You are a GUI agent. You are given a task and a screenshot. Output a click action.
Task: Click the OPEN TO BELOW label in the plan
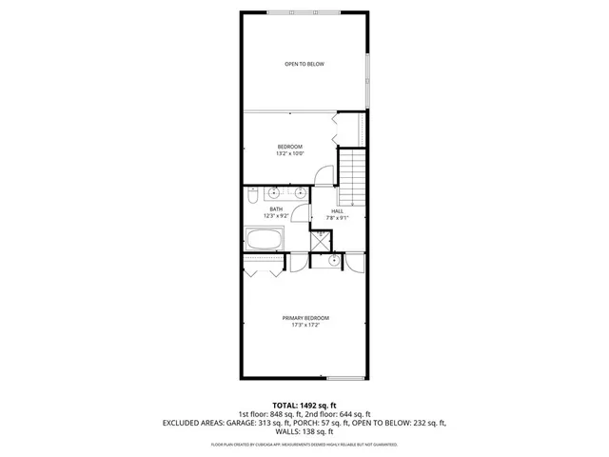[304, 64]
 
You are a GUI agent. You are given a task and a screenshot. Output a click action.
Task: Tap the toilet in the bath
[250, 196]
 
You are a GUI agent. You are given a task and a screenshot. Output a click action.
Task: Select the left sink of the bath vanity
[275, 192]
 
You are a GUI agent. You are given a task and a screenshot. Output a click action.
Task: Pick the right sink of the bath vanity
[301, 192]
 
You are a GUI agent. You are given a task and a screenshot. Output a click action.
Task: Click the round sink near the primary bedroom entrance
[334, 260]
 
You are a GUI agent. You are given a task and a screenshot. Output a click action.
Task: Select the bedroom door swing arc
[324, 175]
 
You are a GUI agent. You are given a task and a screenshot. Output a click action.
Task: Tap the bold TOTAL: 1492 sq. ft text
[304, 406]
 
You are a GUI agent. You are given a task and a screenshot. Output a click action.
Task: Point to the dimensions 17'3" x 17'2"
[304, 327]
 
